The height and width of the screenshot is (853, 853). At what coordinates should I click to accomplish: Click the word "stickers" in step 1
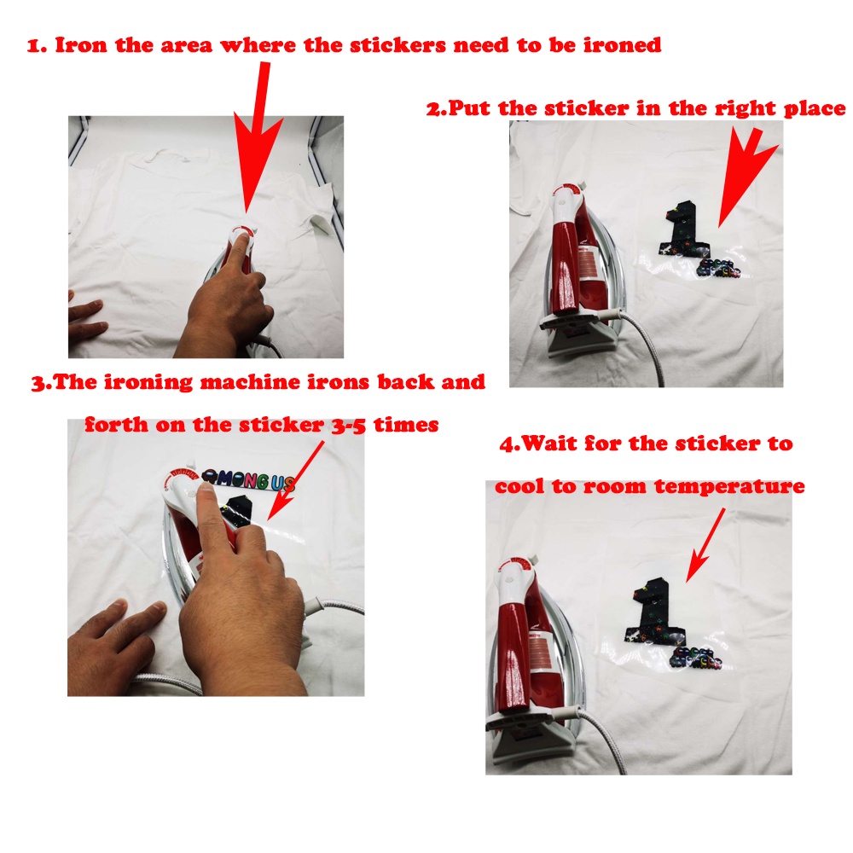point(397,45)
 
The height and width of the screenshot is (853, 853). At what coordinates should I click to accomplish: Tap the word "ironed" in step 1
point(623,45)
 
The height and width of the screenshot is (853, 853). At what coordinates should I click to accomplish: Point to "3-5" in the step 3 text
point(349,426)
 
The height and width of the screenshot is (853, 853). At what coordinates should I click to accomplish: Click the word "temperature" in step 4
point(729,486)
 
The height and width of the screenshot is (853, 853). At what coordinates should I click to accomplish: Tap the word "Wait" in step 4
point(549,444)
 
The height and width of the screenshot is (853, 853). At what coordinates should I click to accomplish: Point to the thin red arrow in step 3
point(296,480)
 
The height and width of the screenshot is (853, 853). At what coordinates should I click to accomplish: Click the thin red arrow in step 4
point(705,545)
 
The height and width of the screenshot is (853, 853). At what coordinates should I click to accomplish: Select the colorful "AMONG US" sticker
point(248,480)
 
